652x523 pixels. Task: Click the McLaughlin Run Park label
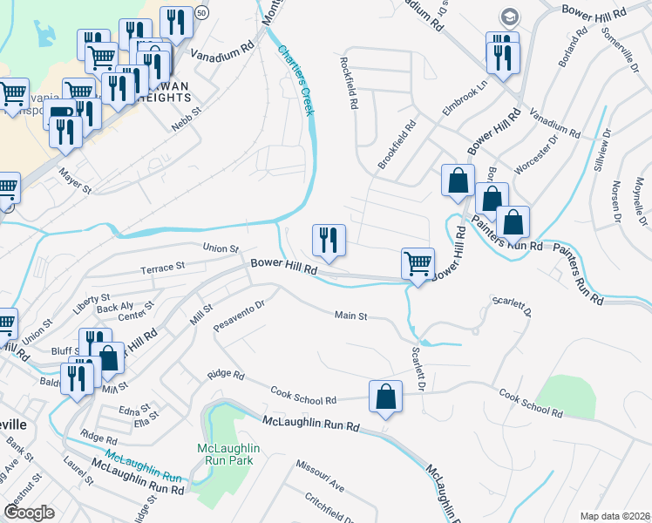(x=226, y=455)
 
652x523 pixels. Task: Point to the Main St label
(x=350, y=316)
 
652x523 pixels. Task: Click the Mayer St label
(x=76, y=177)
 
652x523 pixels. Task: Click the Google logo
(x=31, y=513)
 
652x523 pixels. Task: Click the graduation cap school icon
(x=507, y=17)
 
